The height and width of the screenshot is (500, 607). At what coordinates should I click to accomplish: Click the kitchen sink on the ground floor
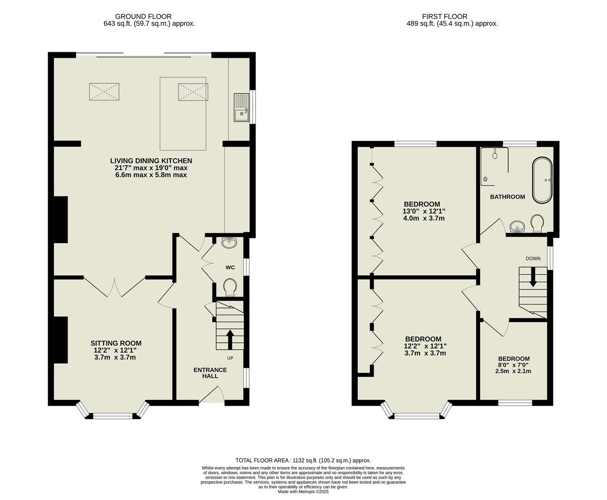pyautogui.click(x=241, y=107)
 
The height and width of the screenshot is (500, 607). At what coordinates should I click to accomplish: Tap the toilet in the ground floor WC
pyautogui.click(x=229, y=287)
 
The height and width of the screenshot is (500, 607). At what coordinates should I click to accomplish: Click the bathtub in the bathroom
pyautogui.click(x=542, y=181)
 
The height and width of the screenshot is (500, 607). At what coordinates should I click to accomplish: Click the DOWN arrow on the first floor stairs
pyautogui.click(x=533, y=279)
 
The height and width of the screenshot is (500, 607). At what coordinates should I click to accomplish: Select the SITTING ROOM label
pyautogui.click(x=116, y=343)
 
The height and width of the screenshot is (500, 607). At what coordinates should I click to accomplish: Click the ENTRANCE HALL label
pyautogui.click(x=210, y=373)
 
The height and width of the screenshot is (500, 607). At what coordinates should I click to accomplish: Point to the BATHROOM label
pyautogui.click(x=507, y=197)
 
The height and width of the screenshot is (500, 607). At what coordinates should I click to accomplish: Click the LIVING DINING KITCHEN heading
pyautogui.click(x=151, y=161)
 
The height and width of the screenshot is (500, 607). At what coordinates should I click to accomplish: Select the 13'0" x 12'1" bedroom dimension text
pyautogui.click(x=424, y=211)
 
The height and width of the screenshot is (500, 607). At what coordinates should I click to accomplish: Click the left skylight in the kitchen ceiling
pyautogui.click(x=104, y=91)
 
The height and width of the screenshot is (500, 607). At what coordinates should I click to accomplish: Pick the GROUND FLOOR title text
pyautogui.click(x=143, y=16)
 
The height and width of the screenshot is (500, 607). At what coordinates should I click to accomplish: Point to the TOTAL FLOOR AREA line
pyautogui.click(x=303, y=460)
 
